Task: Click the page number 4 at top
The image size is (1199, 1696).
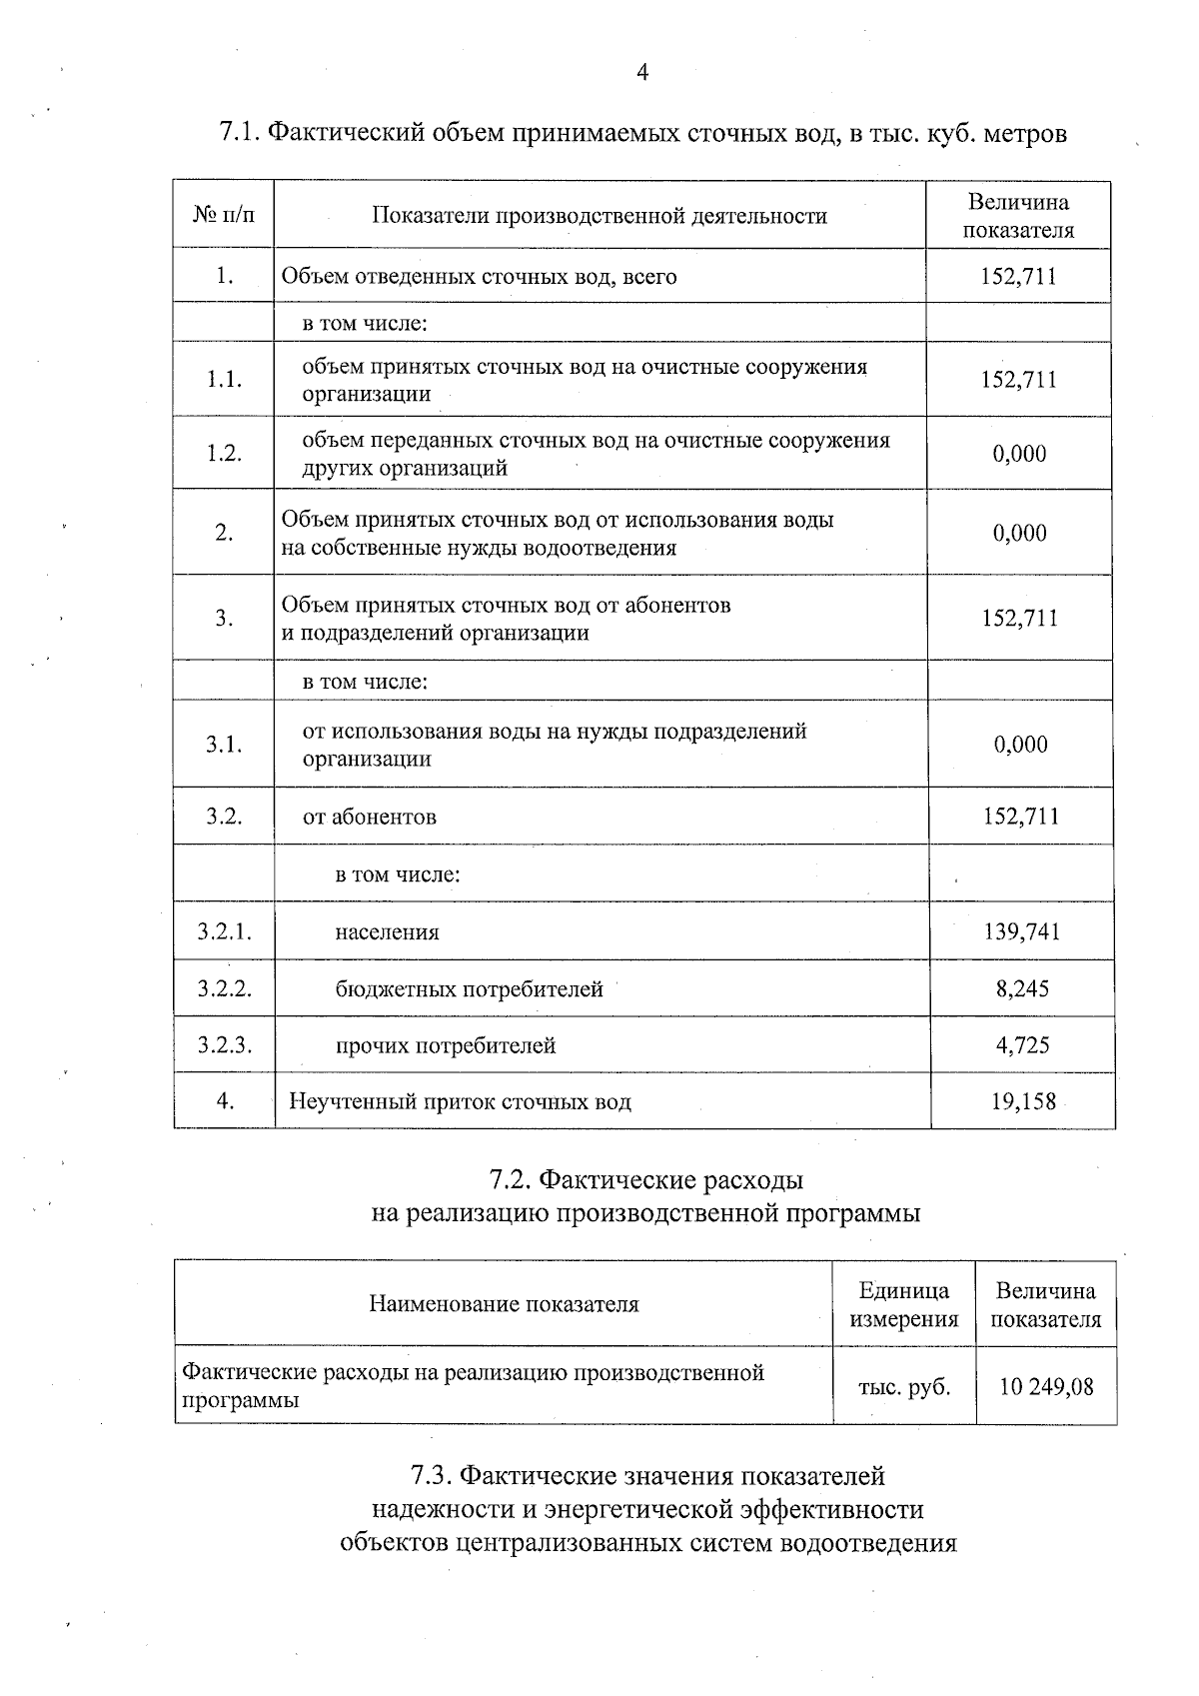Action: [642, 72]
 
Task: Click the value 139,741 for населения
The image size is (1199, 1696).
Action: [1021, 931]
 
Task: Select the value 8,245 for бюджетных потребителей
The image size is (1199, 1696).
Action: [1022, 988]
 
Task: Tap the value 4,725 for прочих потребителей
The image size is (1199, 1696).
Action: [1022, 1045]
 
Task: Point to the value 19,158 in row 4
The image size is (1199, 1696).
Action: [1022, 1101]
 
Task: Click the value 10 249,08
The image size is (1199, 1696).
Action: [1046, 1386]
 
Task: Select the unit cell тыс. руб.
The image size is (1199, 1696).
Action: [903, 1386]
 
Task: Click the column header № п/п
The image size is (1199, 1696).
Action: [224, 215]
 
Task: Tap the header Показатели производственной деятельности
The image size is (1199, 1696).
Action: [599, 215]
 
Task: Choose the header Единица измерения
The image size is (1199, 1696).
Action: [903, 1304]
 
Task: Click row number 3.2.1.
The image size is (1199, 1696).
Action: [224, 931]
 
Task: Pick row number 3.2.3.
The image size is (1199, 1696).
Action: [224, 1045]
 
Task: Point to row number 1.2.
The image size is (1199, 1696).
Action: [224, 453]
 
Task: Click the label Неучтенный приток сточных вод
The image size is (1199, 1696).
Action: [460, 1101]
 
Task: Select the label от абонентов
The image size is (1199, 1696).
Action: [370, 817]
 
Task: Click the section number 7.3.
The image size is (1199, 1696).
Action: [433, 1476]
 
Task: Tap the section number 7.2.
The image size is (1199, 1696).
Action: [511, 1180]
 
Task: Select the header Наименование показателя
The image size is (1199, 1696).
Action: [504, 1304]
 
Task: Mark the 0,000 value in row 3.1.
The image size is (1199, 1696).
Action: [1020, 744]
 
